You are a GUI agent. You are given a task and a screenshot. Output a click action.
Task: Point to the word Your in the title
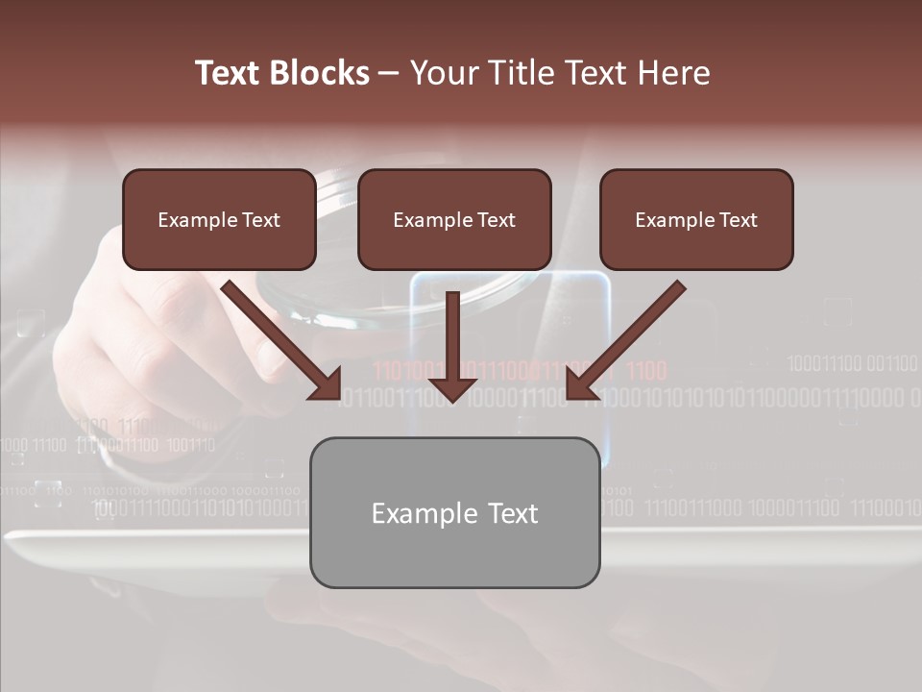[440, 73]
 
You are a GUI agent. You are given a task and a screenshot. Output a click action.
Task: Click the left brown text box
[219, 219]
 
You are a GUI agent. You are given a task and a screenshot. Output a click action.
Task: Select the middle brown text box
[454, 219]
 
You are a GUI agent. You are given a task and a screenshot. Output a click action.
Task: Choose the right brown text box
[696, 219]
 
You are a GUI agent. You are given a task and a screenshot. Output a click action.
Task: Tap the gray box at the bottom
[454, 512]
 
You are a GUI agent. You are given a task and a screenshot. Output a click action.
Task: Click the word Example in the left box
[197, 220]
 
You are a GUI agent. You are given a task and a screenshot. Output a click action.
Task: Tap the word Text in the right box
[738, 220]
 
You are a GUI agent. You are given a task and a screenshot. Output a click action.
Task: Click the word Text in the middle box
[496, 220]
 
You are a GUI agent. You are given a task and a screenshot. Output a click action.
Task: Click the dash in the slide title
[389, 74]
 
